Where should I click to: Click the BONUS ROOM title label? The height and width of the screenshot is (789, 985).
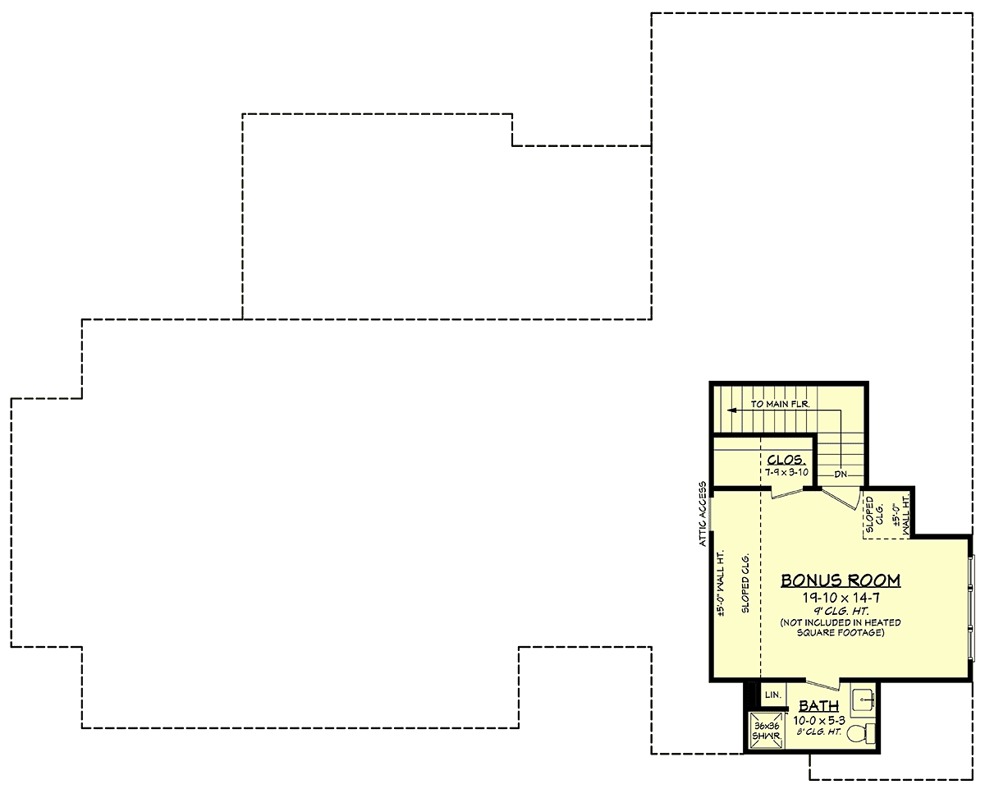pos(841,580)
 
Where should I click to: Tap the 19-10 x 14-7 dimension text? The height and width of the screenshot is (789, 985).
pos(841,598)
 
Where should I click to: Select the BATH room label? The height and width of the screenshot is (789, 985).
pos(819,705)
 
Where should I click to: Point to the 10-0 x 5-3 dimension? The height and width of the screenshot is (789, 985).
pos(819,720)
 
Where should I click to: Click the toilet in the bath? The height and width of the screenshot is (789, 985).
pos(861,734)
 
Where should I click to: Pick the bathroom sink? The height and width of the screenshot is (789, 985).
pos(863,700)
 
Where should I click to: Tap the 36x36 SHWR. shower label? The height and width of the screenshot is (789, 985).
pos(766,731)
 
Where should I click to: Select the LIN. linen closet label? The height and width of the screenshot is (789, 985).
pos(773,695)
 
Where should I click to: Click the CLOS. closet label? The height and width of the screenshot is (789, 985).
pos(786,460)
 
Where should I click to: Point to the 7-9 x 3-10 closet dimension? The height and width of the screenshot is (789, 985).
pos(787,472)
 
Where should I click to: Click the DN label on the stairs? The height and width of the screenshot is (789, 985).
pos(841,475)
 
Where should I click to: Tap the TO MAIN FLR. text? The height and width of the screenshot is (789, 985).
pos(780,404)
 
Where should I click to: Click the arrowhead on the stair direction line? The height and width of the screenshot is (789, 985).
pos(732,411)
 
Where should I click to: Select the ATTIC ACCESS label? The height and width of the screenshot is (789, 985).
pos(703,514)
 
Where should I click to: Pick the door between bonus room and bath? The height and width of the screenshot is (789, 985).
pos(823,685)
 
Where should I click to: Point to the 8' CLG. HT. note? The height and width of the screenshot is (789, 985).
pos(819,732)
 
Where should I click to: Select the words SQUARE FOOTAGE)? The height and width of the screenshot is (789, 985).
pos(841,632)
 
